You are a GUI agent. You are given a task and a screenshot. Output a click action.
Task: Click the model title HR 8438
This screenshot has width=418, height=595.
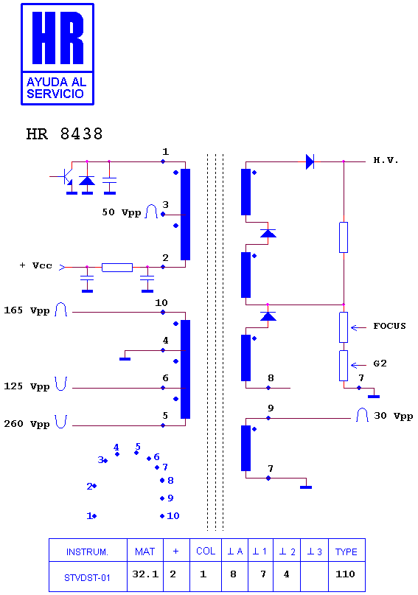click(x=64, y=134)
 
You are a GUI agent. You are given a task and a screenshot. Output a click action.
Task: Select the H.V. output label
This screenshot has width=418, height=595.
click(x=386, y=160)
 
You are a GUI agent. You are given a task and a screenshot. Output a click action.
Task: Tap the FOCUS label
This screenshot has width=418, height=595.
click(x=389, y=326)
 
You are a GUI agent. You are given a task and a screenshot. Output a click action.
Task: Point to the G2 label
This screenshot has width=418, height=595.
click(x=380, y=363)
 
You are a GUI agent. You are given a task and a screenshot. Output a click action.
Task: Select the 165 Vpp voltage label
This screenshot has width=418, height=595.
click(x=27, y=311)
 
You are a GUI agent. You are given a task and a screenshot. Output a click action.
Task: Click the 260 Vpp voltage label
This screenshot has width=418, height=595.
click(x=27, y=424)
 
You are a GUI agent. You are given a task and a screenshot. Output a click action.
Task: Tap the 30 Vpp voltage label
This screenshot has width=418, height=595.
click(x=393, y=416)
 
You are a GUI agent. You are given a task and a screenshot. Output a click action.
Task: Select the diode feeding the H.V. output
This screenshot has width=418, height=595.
click(x=310, y=161)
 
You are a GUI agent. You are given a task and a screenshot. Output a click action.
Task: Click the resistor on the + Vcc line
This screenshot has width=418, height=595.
click(x=117, y=267)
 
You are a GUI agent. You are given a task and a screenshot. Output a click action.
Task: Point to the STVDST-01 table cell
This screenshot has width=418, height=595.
click(x=88, y=577)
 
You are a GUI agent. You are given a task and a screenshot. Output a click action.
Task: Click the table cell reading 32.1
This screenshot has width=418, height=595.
click(x=145, y=574)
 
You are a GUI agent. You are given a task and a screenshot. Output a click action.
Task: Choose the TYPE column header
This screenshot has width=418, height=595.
click(x=346, y=551)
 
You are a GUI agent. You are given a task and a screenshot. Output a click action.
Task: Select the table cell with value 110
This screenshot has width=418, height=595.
click(x=346, y=574)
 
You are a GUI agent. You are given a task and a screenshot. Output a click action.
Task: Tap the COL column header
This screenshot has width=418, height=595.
click(x=206, y=551)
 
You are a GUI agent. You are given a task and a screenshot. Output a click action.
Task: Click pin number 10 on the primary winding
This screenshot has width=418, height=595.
click(x=161, y=303)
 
